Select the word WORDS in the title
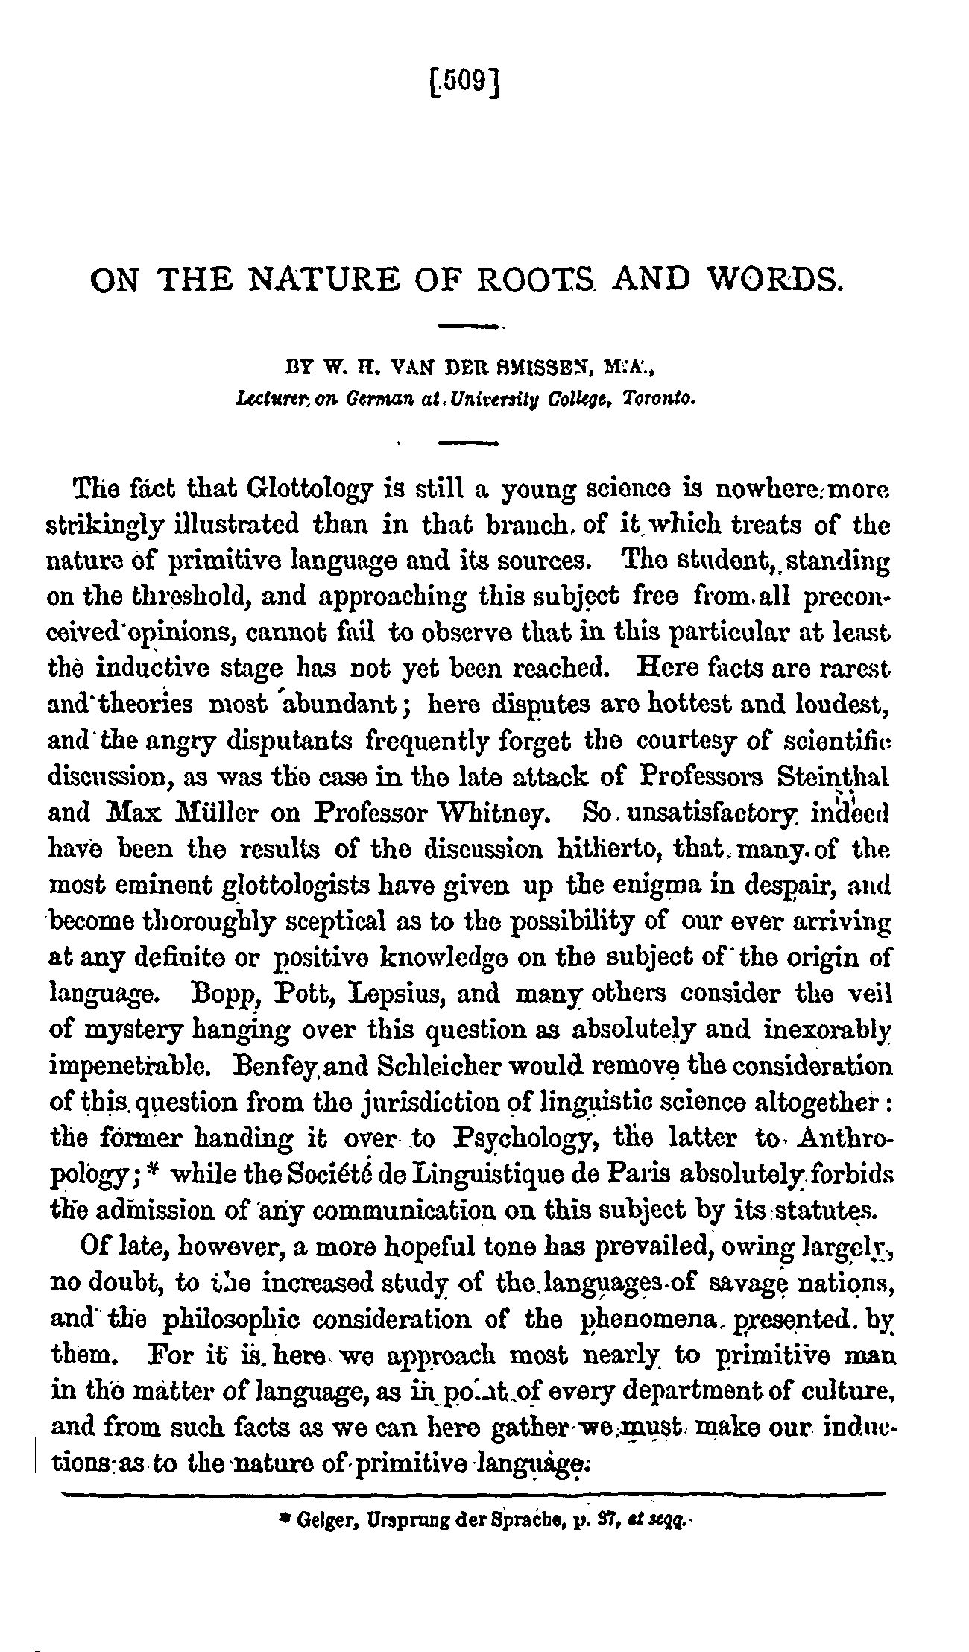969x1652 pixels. tap(774, 282)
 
